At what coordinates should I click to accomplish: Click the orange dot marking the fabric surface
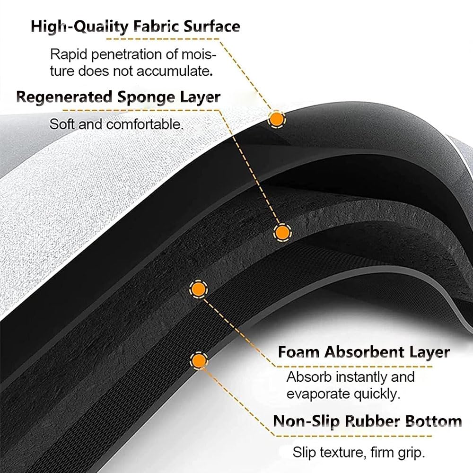[x=276, y=120]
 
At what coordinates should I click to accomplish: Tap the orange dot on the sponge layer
[x=282, y=233]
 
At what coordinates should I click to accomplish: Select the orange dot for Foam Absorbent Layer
[x=198, y=289]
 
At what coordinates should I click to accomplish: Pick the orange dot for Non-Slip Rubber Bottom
[x=199, y=360]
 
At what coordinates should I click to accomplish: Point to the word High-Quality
[x=80, y=27]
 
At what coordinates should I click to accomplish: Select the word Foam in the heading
[x=298, y=352]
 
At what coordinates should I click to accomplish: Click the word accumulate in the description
[x=175, y=71]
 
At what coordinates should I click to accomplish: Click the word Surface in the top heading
[x=212, y=26]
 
